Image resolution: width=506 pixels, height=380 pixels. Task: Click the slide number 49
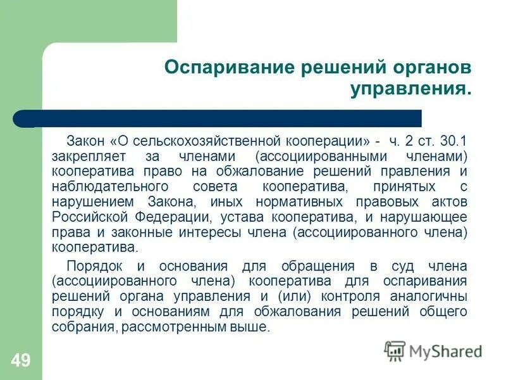pyautogui.click(x=20, y=361)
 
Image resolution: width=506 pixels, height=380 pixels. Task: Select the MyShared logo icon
pyautogui.click(x=395, y=351)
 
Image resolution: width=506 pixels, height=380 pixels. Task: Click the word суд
pyautogui.click(x=385, y=265)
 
